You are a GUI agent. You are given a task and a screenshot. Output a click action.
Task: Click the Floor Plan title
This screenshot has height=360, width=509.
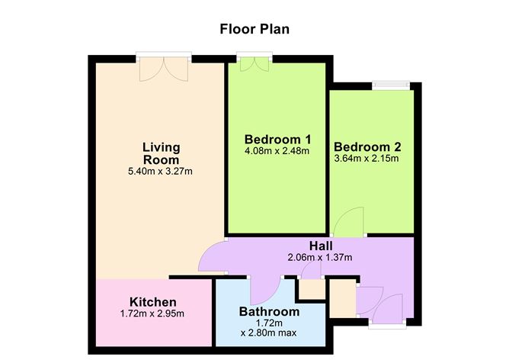[254, 30]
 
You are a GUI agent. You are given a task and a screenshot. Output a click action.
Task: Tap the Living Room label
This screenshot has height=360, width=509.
[161, 153]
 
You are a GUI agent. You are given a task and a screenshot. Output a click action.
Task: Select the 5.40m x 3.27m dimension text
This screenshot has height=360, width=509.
[161, 171]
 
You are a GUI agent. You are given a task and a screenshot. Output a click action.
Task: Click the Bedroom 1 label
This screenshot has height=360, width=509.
[277, 140]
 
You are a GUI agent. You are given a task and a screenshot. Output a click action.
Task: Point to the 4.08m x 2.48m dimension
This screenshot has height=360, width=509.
[277, 151]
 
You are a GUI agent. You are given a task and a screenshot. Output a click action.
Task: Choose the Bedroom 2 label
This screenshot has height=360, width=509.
[367, 147]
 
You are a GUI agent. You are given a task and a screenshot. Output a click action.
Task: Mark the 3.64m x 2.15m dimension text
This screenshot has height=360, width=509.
[367, 159]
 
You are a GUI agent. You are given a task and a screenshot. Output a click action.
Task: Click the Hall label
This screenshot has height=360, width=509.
[320, 246]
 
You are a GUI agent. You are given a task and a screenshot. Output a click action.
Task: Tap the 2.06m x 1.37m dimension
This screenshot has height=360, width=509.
[320, 257]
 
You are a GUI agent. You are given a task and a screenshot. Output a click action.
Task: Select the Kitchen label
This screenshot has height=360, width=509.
[153, 303]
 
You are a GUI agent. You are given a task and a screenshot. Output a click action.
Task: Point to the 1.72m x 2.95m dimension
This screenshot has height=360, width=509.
[153, 315]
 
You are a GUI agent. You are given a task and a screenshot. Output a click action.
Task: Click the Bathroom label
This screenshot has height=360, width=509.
[269, 312]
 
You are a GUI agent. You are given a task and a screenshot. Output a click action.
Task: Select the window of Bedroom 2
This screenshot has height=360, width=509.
[390, 85]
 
